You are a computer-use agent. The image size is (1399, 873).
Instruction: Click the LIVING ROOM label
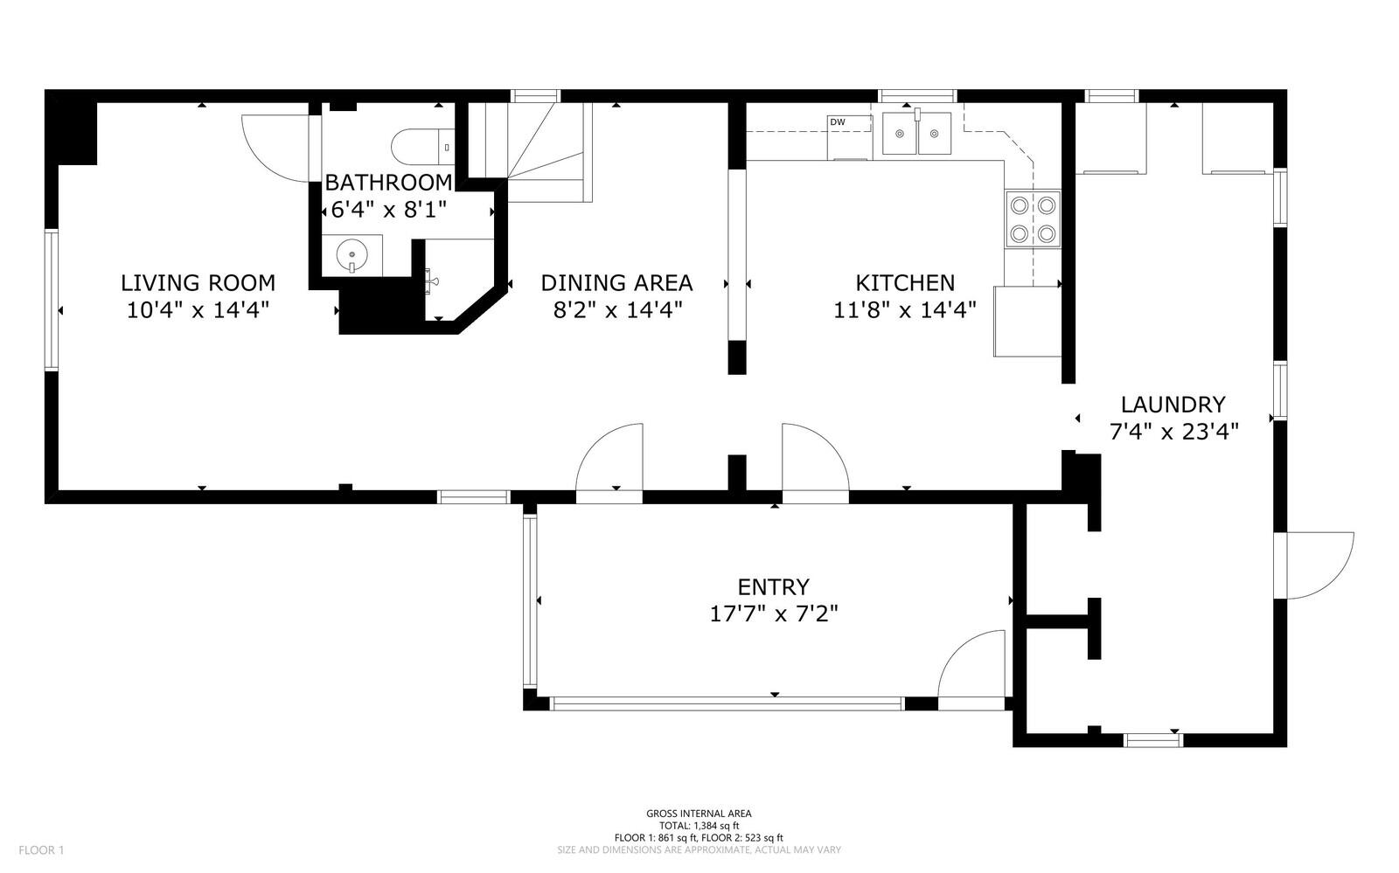(x=198, y=283)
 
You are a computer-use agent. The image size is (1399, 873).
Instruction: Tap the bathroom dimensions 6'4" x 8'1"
(x=388, y=211)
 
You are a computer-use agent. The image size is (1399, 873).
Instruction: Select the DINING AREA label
(x=616, y=283)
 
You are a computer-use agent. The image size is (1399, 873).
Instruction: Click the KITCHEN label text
(x=904, y=283)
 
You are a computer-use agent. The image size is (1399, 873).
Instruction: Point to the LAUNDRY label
(x=1173, y=405)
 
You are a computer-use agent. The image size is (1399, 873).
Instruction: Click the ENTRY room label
(x=773, y=586)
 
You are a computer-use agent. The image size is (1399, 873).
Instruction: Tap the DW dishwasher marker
(x=838, y=122)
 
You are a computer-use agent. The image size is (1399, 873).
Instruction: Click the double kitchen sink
(x=916, y=134)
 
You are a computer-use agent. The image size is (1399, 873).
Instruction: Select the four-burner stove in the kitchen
(x=1033, y=219)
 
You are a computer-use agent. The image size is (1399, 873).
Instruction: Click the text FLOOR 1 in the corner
(x=42, y=850)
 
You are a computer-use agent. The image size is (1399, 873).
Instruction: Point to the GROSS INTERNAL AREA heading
(x=699, y=814)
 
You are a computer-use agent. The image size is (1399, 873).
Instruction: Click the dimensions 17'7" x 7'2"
(x=773, y=613)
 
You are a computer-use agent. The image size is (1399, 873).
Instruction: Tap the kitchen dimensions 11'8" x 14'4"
(x=904, y=309)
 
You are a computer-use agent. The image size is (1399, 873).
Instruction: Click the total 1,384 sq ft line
(x=699, y=826)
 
